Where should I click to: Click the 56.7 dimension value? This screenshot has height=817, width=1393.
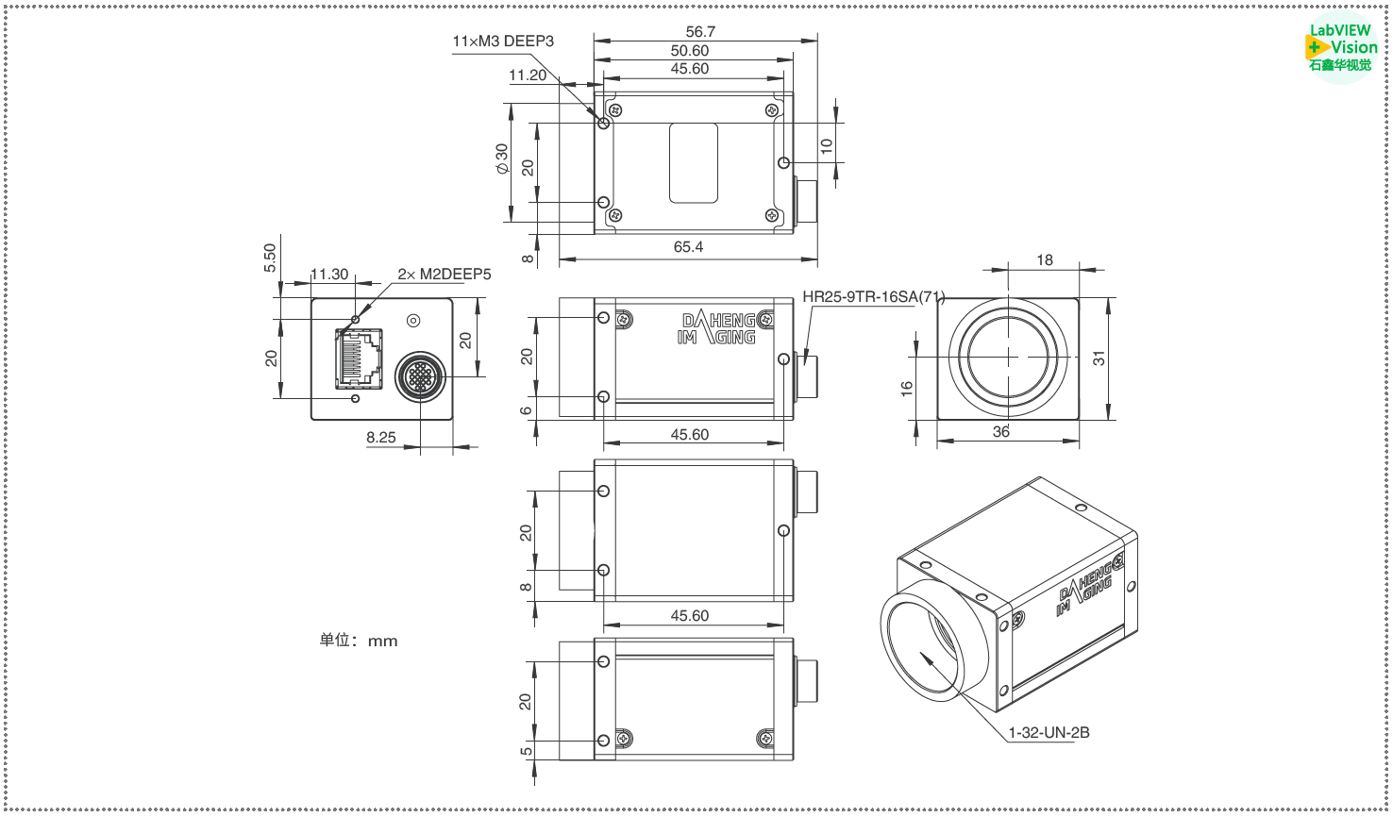[700, 32]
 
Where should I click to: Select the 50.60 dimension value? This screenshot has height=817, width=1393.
[690, 51]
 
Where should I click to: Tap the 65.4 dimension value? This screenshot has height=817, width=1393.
[688, 247]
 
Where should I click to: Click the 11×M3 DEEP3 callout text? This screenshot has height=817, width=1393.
[503, 42]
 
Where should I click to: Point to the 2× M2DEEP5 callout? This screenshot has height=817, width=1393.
[444, 275]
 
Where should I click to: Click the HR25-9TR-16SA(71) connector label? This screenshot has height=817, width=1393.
[873, 297]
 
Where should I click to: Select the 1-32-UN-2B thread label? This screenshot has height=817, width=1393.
[1049, 733]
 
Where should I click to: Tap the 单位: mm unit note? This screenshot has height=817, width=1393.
[359, 641]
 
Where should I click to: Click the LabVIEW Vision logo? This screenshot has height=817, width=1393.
[1340, 47]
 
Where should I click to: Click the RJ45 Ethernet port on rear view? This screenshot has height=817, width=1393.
[359, 358]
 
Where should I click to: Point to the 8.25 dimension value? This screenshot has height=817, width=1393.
[381, 438]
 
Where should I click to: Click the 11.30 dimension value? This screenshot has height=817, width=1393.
[329, 275]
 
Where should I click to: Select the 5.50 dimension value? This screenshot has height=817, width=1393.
[271, 258]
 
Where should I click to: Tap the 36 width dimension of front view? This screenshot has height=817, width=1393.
[1000, 432]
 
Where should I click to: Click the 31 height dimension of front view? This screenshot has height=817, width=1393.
[1099, 358]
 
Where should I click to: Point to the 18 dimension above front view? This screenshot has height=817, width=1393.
[1045, 260]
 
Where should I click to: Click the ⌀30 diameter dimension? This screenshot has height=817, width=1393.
[502, 158]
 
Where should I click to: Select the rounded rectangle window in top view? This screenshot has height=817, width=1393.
[694, 163]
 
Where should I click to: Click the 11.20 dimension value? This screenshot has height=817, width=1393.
[528, 75]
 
